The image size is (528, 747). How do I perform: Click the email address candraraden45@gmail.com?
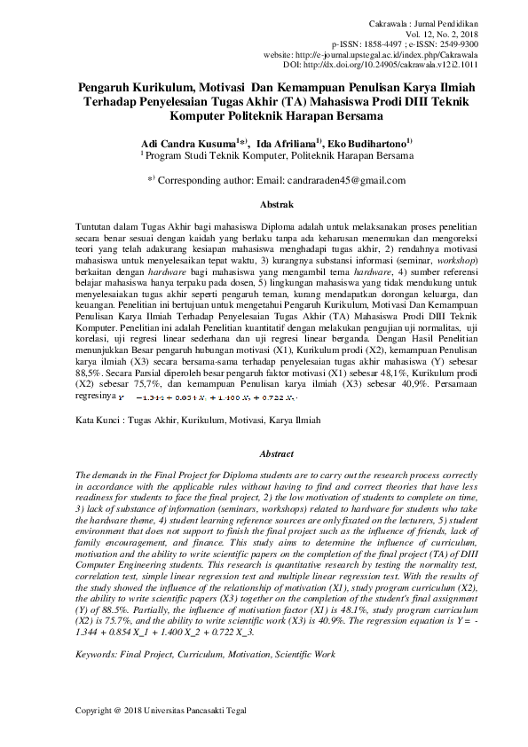pos(347,180)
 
